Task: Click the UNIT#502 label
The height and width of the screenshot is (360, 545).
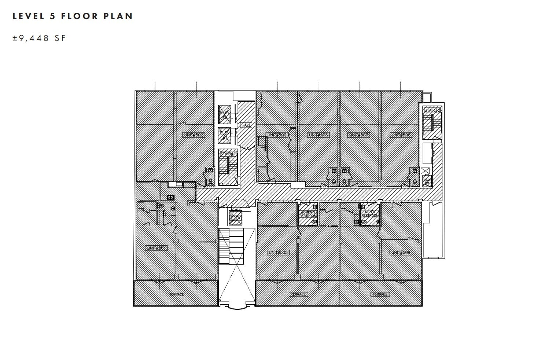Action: (193, 135)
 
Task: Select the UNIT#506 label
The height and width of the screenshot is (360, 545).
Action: (318, 135)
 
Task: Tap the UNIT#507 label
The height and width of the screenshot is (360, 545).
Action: (358, 135)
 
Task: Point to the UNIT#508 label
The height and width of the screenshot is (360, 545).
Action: (401, 135)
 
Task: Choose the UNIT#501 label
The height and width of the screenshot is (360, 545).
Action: (156, 248)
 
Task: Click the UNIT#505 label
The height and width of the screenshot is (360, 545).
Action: (278, 253)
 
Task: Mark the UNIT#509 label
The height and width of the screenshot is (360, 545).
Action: (401, 253)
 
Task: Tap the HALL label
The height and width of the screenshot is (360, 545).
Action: (246, 125)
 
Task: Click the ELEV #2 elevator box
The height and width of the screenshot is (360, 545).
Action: (224, 114)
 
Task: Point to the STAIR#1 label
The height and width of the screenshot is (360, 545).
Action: (228, 154)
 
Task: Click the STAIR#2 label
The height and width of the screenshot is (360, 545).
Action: (432, 110)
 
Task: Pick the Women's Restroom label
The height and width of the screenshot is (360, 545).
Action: (308, 214)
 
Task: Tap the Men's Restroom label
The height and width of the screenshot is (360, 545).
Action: (369, 214)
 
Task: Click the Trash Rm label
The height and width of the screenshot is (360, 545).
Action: (427, 181)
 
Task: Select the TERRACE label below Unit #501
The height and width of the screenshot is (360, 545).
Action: (177, 294)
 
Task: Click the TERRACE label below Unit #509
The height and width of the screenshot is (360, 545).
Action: (380, 294)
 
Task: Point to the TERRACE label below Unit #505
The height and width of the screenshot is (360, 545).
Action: (298, 294)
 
